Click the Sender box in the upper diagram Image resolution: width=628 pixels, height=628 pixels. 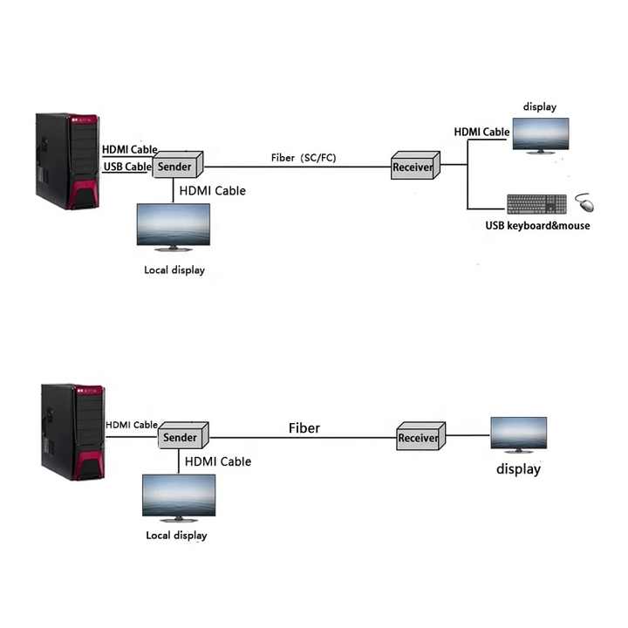178,165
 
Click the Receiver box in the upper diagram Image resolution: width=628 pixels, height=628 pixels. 415,165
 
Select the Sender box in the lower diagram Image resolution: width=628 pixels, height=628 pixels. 183,435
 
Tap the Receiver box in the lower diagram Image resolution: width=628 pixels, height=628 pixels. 421,436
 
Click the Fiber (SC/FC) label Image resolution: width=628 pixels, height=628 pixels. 304,158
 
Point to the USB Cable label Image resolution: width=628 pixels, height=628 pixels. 127,167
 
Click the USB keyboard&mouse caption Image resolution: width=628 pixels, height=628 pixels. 537,226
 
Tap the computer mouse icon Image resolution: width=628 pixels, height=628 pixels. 584,202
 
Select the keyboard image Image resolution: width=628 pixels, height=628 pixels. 536,204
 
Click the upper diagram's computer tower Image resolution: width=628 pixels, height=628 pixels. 67,161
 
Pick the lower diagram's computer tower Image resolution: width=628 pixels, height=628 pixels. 73,432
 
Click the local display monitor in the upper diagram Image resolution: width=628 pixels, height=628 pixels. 174,227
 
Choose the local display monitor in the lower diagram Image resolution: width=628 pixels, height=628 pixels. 179,498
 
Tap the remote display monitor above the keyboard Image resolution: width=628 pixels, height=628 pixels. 541,136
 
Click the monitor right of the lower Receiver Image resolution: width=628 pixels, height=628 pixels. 519,435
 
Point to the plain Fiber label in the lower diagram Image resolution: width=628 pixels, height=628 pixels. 304,428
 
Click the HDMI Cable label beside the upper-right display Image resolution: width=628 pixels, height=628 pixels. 481,132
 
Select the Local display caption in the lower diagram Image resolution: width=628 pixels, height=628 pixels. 176,536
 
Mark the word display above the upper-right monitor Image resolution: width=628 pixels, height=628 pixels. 540,107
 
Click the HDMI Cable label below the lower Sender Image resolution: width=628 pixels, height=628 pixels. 218,461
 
